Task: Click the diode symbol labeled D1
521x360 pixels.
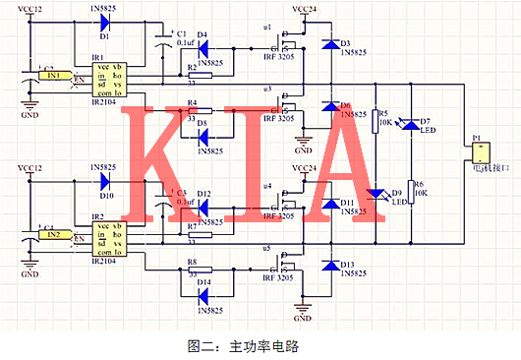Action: (106, 22)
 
